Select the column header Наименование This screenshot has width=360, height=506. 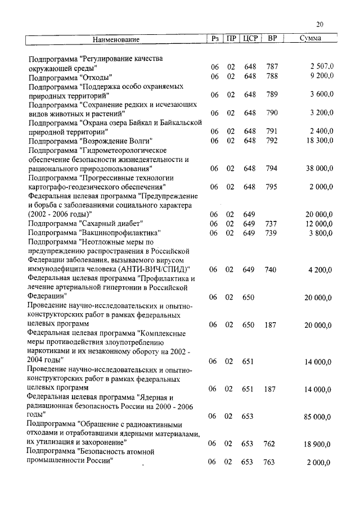(x=116, y=39)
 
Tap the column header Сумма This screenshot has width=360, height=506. (x=310, y=39)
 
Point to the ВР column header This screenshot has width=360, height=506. (x=272, y=39)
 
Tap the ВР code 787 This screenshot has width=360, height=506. (x=272, y=67)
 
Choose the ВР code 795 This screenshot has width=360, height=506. (x=272, y=187)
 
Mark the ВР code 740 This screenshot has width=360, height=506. (x=271, y=270)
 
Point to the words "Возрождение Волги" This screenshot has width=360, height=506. (x=116, y=141)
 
